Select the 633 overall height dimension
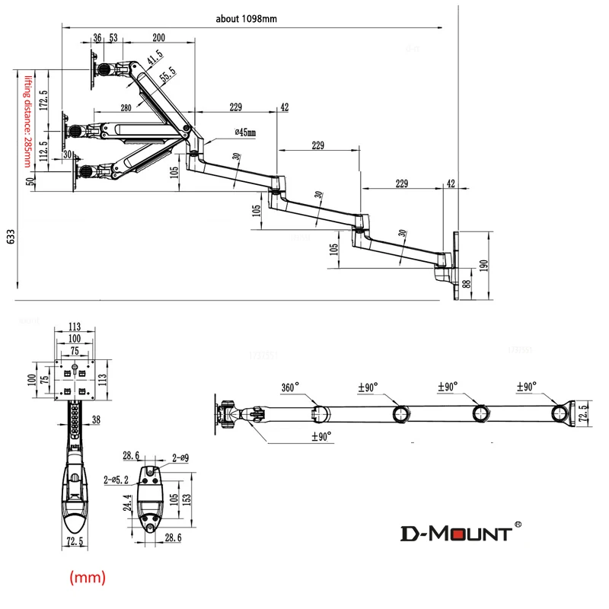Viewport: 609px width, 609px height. pyautogui.click(x=10, y=238)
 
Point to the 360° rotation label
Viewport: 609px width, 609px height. pyautogui.click(x=291, y=387)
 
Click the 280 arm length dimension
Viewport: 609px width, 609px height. pyautogui.click(x=126, y=109)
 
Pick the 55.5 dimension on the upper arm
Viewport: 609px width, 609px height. pyautogui.click(x=167, y=74)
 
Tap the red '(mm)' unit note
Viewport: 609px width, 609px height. pyautogui.click(x=88, y=579)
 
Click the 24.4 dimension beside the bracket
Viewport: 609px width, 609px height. pyautogui.click(x=130, y=504)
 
